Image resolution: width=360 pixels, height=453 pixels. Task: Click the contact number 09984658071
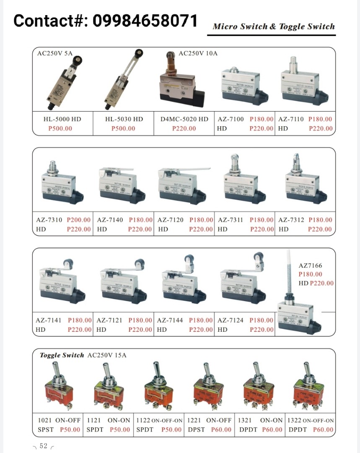click(145, 20)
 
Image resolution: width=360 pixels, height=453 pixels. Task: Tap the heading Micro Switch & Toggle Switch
click(273, 26)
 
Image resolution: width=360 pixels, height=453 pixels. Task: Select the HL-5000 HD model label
click(62, 119)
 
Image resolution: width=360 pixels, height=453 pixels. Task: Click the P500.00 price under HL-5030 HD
click(123, 128)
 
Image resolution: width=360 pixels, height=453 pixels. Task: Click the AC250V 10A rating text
click(198, 53)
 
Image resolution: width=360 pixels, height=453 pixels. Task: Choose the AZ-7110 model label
click(291, 119)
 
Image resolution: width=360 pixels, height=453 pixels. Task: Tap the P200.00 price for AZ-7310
click(78, 220)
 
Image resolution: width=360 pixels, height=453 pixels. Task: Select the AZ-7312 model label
click(291, 220)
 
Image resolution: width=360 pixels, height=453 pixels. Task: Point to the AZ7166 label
click(310, 266)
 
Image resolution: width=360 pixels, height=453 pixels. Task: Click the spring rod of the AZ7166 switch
click(289, 273)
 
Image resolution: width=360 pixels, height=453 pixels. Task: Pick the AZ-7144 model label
click(170, 320)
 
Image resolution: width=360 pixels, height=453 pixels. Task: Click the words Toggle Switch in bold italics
click(62, 355)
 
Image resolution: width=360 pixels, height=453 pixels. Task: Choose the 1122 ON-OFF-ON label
click(159, 420)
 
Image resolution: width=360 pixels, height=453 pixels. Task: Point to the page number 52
click(44, 446)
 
